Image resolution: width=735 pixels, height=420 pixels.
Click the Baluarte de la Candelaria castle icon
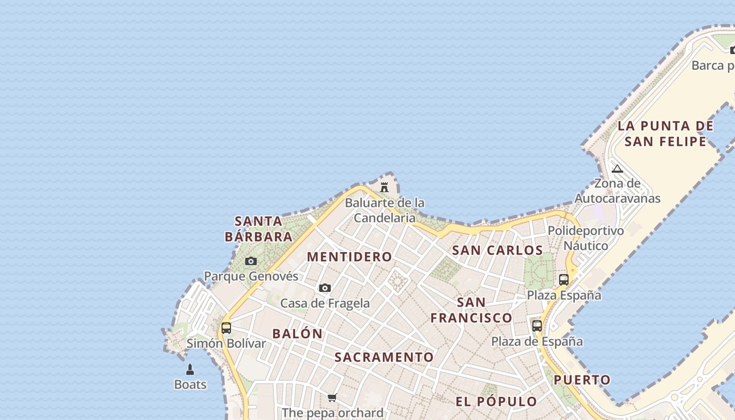click(x=384, y=187)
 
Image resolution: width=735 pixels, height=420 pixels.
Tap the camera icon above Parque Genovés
click(x=251, y=261)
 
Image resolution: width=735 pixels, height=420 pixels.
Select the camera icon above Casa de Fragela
click(x=325, y=288)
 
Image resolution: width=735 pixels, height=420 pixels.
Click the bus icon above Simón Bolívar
click(x=226, y=328)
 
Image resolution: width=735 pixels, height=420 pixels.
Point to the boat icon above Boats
click(x=190, y=370)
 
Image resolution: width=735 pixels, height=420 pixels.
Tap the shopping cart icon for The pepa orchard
click(x=332, y=397)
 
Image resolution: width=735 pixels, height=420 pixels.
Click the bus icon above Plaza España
click(x=564, y=279)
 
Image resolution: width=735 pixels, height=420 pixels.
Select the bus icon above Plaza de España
click(x=537, y=325)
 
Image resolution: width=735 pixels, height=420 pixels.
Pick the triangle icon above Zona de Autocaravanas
click(x=617, y=169)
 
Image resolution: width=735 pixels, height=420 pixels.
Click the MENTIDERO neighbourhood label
click(x=350, y=257)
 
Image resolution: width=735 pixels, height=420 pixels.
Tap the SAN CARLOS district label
click(x=497, y=250)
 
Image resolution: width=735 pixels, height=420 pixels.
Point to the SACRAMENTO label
click(x=384, y=357)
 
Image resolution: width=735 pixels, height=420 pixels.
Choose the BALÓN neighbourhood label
click(x=297, y=333)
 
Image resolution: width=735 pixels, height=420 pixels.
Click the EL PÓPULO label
click(x=496, y=402)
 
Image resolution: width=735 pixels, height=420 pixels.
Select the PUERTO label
click(x=582, y=380)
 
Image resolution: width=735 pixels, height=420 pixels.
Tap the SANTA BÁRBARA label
click(x=258, y=228)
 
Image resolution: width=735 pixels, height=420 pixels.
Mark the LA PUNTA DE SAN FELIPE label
click(x=665, y=133)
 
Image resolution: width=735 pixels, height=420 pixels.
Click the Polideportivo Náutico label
click(x=586, y=238)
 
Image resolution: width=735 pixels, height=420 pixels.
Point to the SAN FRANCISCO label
click(x=471, y=310)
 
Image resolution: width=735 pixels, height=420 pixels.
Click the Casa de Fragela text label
click(x=325, y=303)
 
